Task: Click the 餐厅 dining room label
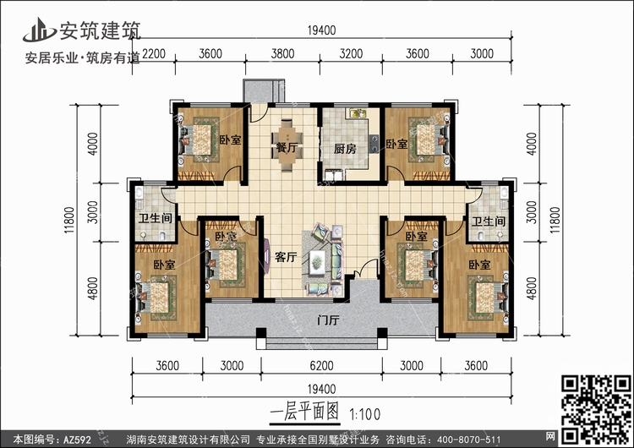(x=287, y=148)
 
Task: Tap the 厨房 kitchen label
(x=345, y=149)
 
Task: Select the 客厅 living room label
(x=286, y=257)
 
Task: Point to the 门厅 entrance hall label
(x=328, y=320)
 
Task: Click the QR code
(x=597, y=409)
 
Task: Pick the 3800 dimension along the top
(x=282, y=54)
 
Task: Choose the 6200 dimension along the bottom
(x=321, y=366)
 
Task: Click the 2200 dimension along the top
(x=154, y=54)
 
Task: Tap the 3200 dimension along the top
(x=351, y=54)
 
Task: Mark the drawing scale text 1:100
(x=364, y=414)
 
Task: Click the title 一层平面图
(x=304, y=412)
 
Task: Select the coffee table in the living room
(x=317, y=261)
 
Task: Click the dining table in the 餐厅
(x=287, y=145)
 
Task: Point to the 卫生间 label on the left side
(x=156, y=219)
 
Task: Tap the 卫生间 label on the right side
(x=489, y=221)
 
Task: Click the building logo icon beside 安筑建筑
(x=39, y=30)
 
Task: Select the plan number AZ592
(x=77, y=440)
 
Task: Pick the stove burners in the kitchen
(x=374, y=144)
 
